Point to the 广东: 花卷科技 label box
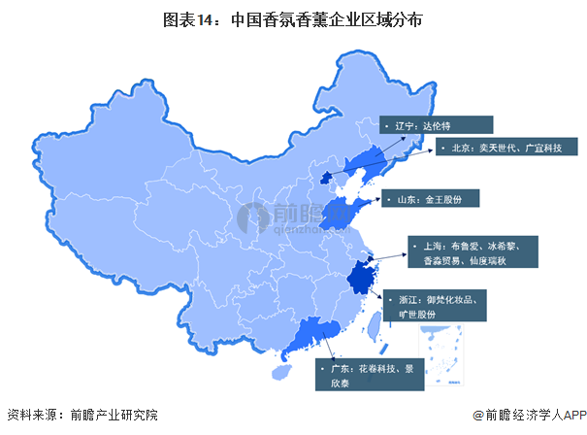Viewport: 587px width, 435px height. click(x=370, y=376)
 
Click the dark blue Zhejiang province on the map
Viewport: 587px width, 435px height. click(x=364, y=279)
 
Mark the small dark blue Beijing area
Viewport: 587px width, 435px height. click(x=327, y=177)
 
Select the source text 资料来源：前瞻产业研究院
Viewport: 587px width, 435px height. click(x=82, y=415)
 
